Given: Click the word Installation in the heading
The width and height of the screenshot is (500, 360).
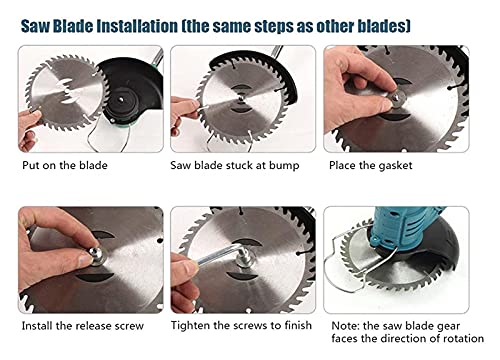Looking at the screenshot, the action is coord(137,26).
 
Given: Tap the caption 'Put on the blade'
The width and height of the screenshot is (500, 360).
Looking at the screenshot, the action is coord(65,165).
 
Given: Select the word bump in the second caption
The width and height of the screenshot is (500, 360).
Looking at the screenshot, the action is coord(284,166).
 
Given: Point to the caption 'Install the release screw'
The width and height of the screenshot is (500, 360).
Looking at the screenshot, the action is coord(83,326).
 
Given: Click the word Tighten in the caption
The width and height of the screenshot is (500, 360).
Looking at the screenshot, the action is coord(190,325).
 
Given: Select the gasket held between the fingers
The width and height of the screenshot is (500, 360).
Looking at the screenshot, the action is coord(397,98).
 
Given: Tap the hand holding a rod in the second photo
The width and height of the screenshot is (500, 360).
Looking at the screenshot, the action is coord(185,113).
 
